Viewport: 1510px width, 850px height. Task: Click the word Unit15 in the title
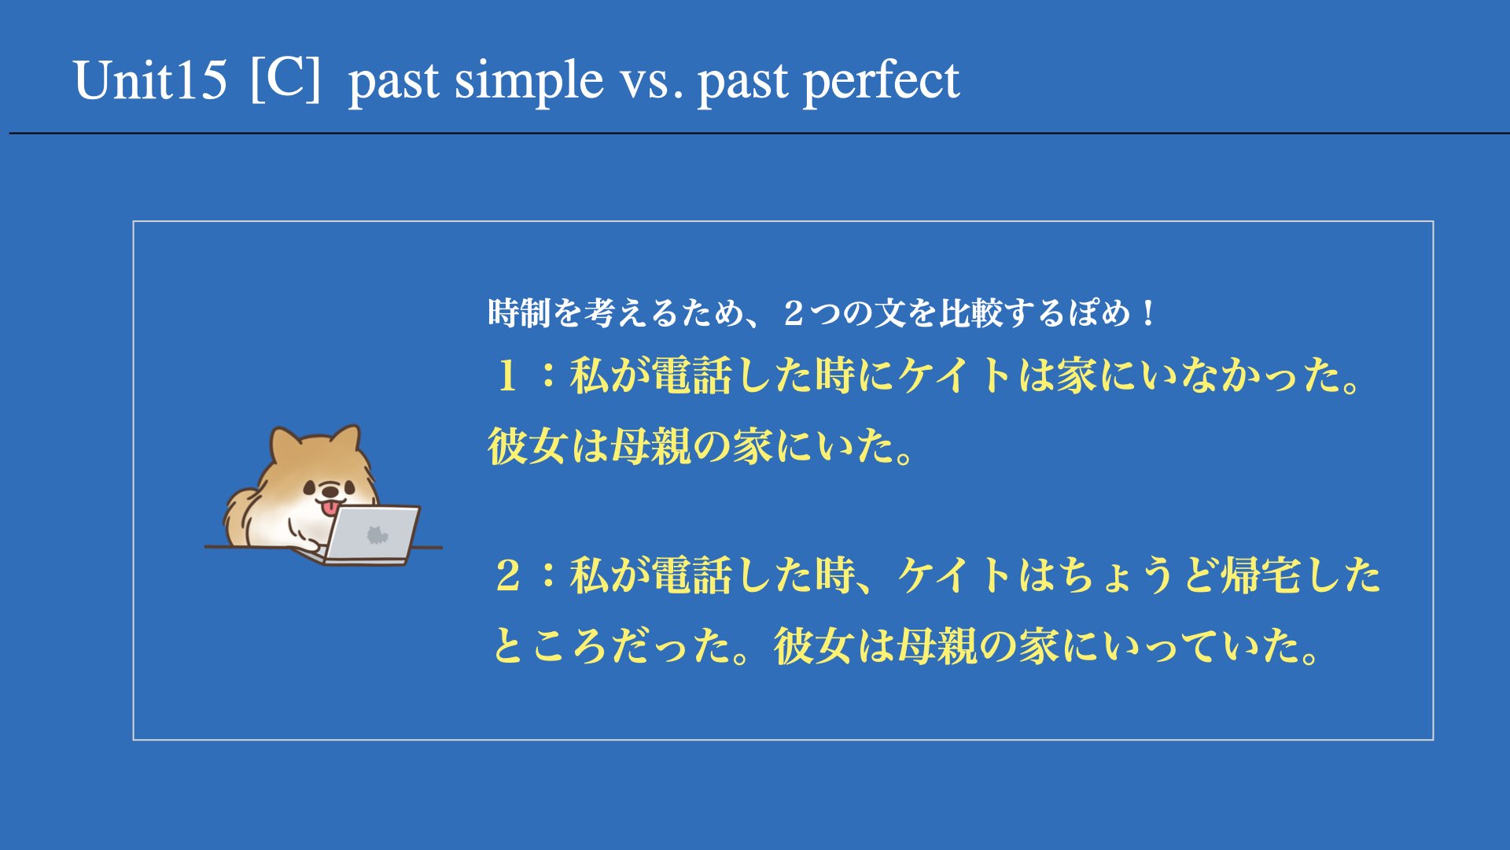[x=150, y=79]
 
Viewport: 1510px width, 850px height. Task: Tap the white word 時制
[x=519, y=313]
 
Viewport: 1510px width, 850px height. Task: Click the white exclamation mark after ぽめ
[x=1149, y=314]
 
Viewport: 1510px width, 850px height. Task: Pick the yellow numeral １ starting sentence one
[x=507, y=375]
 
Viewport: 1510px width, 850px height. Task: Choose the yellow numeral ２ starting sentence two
[x=508, y=575]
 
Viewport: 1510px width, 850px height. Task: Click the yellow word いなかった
[x=1231, y=375]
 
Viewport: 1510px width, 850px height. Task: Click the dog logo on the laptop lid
[x=377, y=535]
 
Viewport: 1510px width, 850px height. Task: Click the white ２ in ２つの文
[x=794, y=314]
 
